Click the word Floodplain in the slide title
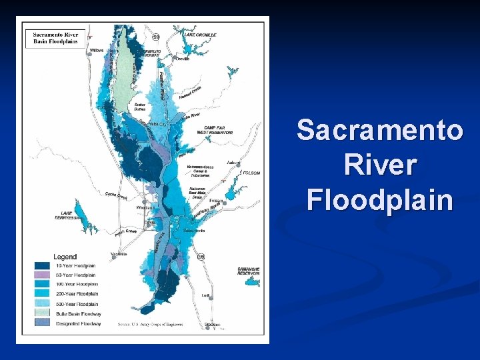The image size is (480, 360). coord(379,199)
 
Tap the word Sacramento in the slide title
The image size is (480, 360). coord(379,130)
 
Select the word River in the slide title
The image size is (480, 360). coord(379,165)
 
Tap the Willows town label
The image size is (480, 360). coord(96,50)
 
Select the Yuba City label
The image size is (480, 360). coord(159,124)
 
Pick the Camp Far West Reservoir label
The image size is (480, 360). coord(218,130)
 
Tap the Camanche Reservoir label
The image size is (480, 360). coord(247,271)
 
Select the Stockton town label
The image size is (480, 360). coord(212,325)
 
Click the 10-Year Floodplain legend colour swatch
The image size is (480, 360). coord(43,265)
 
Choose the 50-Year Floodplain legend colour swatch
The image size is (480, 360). coord(43,274)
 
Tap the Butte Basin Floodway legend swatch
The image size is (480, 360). coord(43,313)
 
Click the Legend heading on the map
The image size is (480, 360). coord(65,257)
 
